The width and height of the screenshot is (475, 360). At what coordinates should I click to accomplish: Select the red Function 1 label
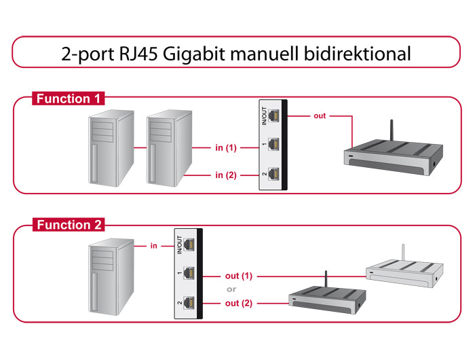[x=68, y=99]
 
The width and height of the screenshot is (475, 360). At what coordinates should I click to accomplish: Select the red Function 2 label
[x=68, y=225]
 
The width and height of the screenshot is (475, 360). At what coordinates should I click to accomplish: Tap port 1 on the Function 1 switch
[x=273, y=145]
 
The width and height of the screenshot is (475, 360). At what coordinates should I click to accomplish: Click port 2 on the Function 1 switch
[x=273, y=173]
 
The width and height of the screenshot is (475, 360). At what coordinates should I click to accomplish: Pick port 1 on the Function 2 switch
[x=187, y=274]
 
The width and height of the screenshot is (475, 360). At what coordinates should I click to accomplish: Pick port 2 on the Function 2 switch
[x=187, y=302]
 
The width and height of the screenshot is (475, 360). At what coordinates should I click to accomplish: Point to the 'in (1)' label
[x=225, y=147]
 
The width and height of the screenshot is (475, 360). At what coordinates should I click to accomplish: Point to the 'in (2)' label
[x=225, y=175]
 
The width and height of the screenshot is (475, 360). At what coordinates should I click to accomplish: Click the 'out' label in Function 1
[x=320, y=115]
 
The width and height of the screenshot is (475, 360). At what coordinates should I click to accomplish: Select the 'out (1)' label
[x=239, y=276]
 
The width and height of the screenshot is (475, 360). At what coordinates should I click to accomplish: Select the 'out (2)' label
[x=239, y=304]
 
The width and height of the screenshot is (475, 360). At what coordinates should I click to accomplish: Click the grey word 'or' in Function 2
[x=231, y=290]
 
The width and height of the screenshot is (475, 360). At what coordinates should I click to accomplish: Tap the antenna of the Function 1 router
[x=392, y=131]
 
